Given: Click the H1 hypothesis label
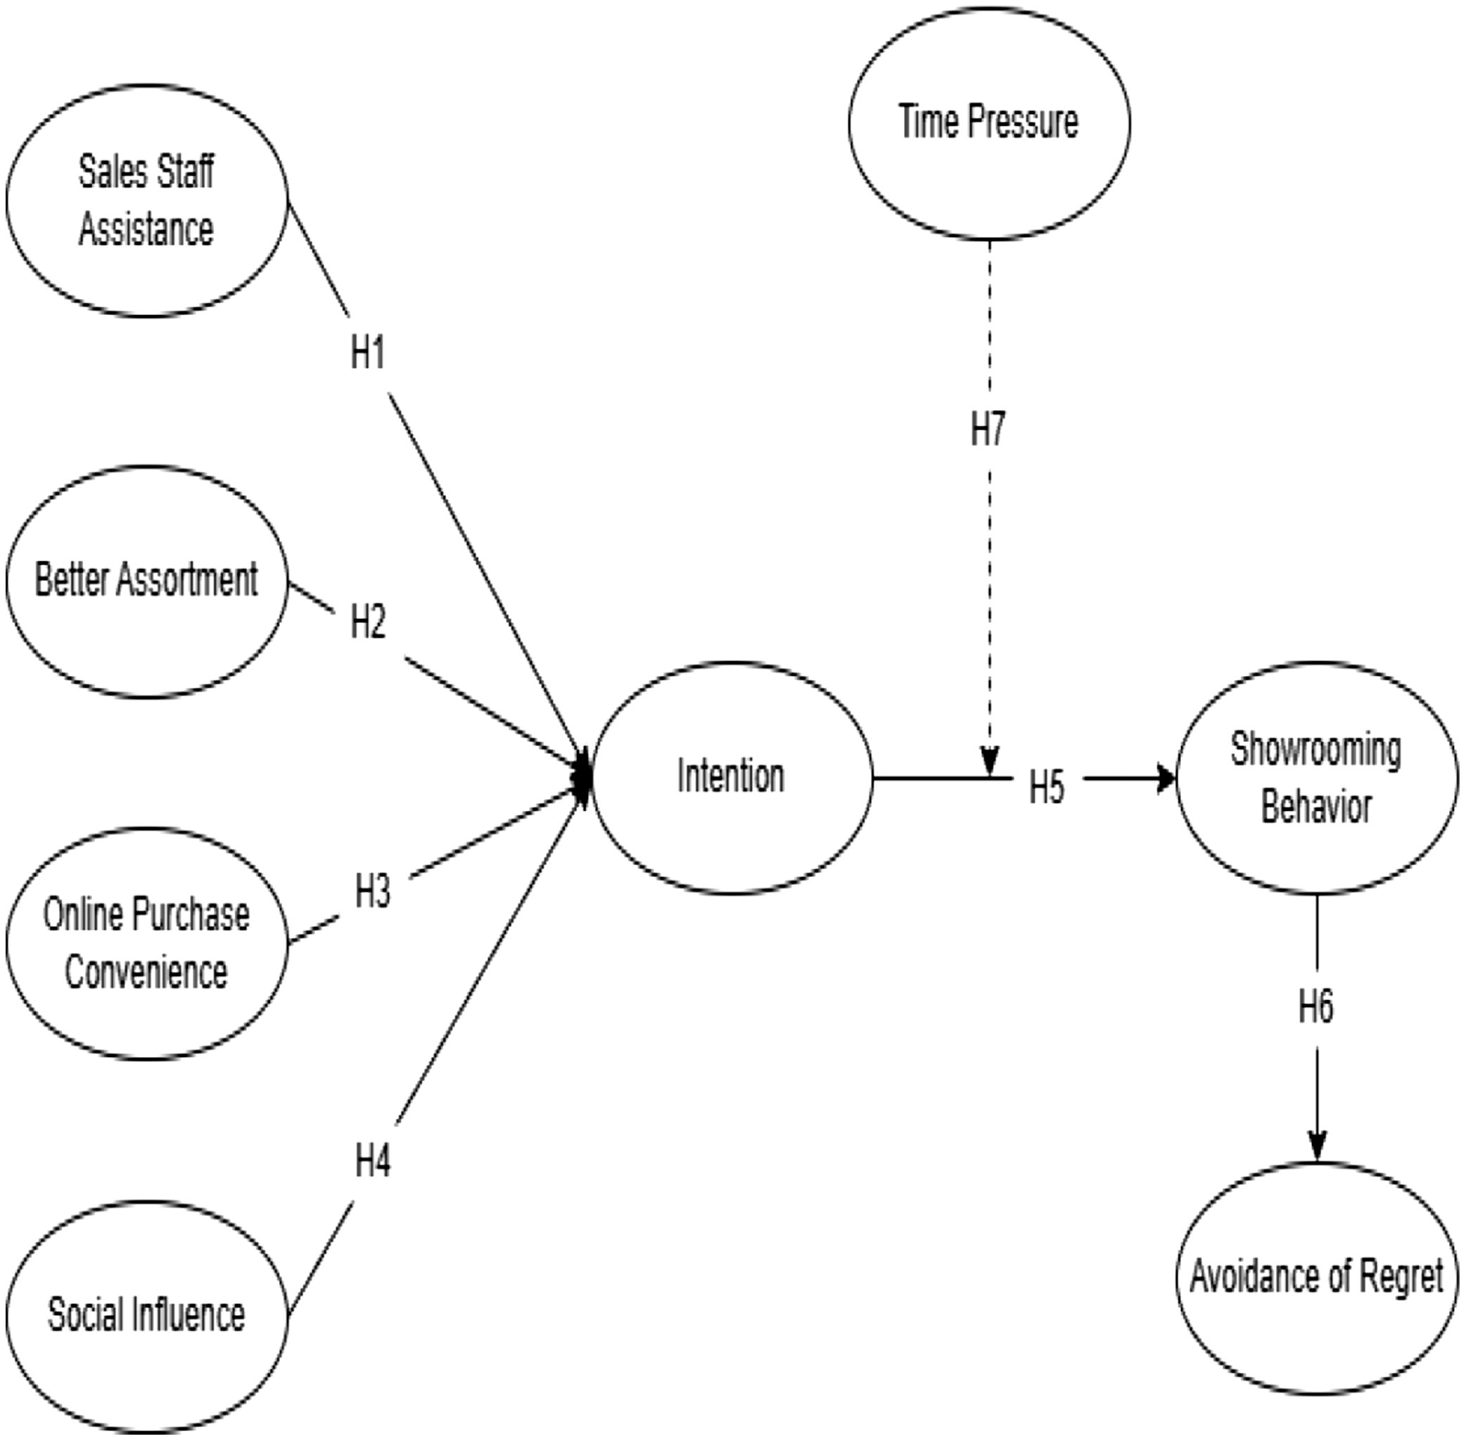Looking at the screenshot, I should pos(368,352).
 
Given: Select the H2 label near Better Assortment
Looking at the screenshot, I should pos(368,622).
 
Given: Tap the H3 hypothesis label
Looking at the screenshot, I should pos(372,891).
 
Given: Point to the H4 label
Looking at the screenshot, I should pos(372,1160).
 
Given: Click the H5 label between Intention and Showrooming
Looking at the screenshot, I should pos(1047,787).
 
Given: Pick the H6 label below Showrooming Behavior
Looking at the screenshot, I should pos(1316,1006).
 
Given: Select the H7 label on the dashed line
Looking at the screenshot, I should pos(988,428).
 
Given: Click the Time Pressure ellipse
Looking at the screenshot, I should pos(989,123).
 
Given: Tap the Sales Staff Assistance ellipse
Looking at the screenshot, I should pos(147,200).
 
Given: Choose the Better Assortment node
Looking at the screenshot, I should pos(147,580).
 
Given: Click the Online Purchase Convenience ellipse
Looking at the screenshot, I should pos(147,943).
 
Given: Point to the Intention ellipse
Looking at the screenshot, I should pos(731,777).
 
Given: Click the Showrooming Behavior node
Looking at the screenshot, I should pos(1316,777).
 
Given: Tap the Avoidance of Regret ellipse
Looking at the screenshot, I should pos(1316,1276).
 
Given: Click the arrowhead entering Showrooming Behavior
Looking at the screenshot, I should pos(1166,778).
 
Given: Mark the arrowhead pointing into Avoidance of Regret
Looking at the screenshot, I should pos(1317,1146).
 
